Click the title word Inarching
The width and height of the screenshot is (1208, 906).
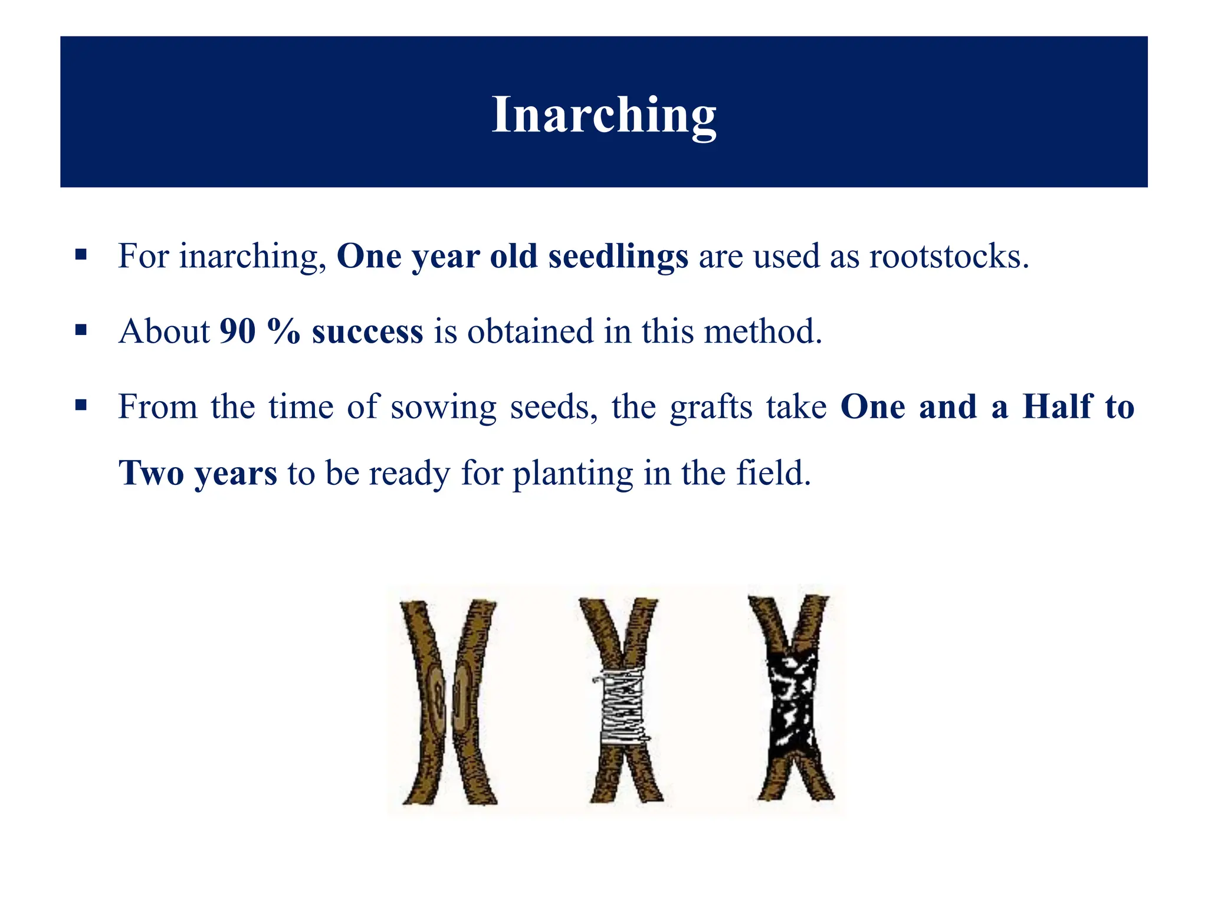pyautogui.click(x=603, y=115)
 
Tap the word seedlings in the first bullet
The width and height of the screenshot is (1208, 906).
pyautogui.click(x=618, y=257)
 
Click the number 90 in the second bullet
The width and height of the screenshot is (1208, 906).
pyautogui.click(x=237, y=331)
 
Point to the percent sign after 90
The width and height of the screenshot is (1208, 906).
pyautogui.click(x=283, y=331)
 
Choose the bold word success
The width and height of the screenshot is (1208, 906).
pyautogui.click(x=367, y=331)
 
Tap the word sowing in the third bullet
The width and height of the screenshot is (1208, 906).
pyautogui.click(x=444, y=408)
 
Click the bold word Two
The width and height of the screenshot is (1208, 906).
pyautogui.click(x=151, y=473)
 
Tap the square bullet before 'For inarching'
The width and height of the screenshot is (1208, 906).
pyautogui.click(x=81, y=255)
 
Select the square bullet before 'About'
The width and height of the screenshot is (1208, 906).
pyautogui.click(x=81, y=330)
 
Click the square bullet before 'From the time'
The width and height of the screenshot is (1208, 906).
pyautogui.click(x=81, y=406)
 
